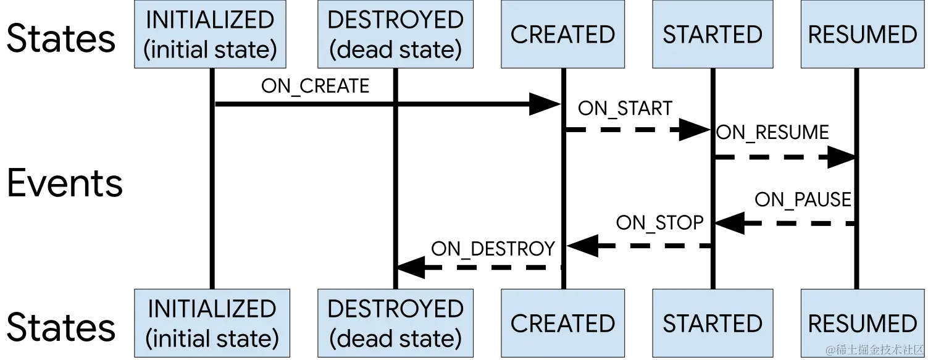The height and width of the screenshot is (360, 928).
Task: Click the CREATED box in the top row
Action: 562,34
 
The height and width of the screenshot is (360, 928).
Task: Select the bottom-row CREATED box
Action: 562,323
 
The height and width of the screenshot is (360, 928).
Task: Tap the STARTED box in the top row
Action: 713,34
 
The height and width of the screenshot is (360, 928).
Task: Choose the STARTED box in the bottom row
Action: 713,323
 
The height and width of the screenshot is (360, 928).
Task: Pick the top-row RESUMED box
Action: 863,34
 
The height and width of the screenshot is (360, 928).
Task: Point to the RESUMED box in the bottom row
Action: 863,323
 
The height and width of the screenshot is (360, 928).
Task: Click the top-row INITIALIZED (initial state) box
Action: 210,34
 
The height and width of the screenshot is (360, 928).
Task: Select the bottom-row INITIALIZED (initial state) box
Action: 212,323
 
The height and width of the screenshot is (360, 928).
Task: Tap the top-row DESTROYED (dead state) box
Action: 395,34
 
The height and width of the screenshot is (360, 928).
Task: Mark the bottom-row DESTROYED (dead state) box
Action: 395,323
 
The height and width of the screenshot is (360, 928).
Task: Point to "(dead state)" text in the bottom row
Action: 395,338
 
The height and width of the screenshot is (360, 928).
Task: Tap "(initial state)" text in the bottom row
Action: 212,338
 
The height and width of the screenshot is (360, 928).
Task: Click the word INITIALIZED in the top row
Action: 210,20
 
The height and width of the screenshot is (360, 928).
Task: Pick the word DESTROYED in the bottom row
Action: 395,309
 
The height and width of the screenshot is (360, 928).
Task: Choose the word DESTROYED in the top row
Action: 395,20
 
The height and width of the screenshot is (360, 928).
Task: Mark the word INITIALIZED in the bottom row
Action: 212,309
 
